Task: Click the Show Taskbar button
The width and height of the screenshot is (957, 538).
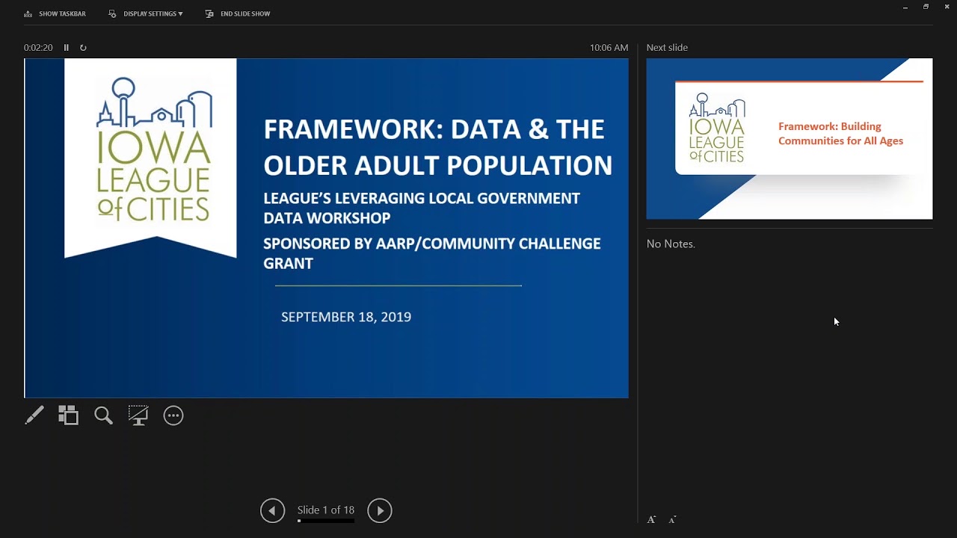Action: (x=55, y=13)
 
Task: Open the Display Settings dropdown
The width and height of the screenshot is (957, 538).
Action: (x=146, y=13)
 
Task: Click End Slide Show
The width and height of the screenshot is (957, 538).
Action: (x=238, y=13)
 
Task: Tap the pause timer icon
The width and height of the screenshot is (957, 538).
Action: (x=67, y=47)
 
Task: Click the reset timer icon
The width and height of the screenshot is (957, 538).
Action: (x=83, y=47)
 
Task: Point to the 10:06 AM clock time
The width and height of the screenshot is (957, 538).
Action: (x=609, y=47)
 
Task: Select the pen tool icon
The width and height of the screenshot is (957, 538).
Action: (x=34, y=415)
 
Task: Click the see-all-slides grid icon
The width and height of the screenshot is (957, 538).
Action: (x=68, y=415)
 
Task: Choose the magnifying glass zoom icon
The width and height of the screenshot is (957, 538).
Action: (x=103, y=415)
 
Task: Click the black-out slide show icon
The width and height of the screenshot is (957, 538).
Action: (x=138, y=415)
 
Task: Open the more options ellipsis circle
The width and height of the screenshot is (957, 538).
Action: (x=173, y=415)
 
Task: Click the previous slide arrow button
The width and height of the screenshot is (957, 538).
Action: (x=273, y=510)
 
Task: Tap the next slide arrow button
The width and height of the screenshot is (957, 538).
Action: (x=379, y=510)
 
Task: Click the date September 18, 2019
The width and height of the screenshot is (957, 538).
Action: (x=346, y=317)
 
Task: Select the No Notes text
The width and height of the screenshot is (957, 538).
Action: (x=671, y=244)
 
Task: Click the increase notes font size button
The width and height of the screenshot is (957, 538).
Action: (x=651, y=519)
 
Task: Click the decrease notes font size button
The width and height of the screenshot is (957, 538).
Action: (x=672, y=519)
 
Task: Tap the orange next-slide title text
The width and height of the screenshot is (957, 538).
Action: (x=840, y=133)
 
